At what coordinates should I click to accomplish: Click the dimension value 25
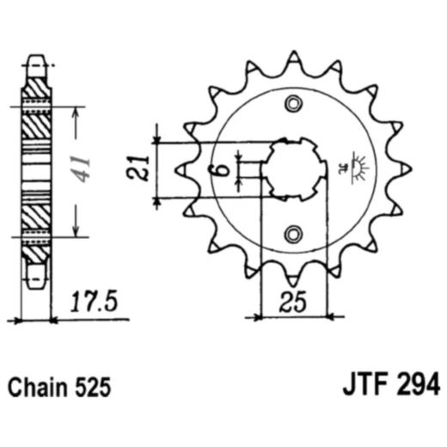(x=293, y=303)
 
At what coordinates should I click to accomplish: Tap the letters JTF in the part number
(x=357, y=384)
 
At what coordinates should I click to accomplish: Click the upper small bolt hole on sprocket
(x=295, y=104)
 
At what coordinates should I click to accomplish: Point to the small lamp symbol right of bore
(x=354, y=165)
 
